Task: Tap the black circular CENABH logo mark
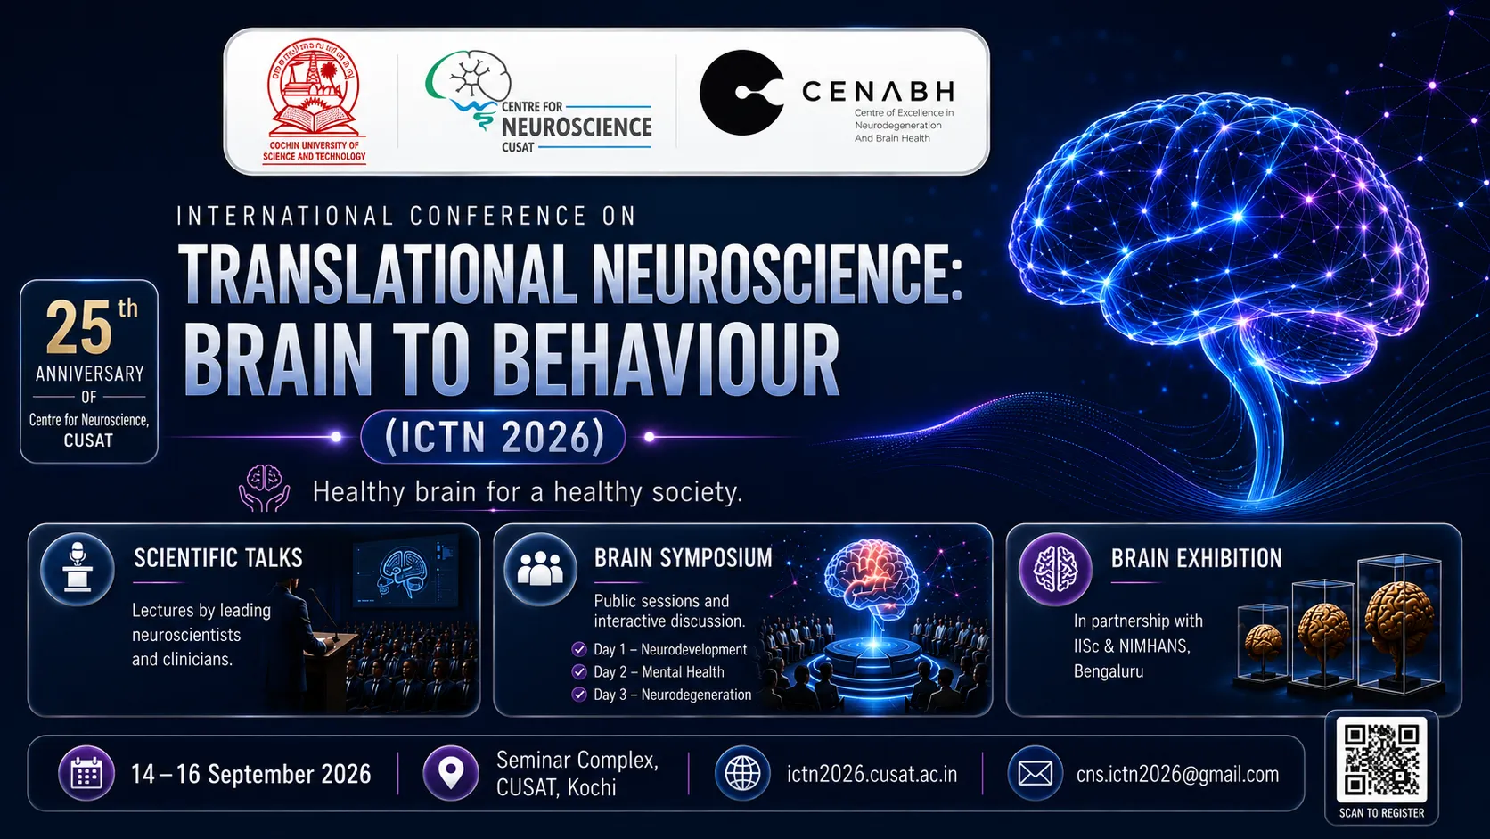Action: click(x=741, y=93)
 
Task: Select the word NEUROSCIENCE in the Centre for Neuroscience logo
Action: click(x=577, y=127)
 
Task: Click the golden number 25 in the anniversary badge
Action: click(x=79, y=328)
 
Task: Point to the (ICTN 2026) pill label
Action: click(x=493, y=437)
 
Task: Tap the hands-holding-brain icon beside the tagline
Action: click(x=264, y=489)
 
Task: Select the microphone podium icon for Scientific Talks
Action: click(x=78, y=570)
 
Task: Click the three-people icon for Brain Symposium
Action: click(x=540, y=570)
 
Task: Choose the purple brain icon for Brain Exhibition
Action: click(x=1056, y=570)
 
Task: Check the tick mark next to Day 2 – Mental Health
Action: click(x=578, y=672)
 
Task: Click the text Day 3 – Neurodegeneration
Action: click(x=673, y=695)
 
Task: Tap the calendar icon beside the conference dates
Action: click(x=86, y=774)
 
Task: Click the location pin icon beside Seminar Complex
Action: click(x=451, y=774)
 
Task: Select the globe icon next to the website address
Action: click(x=742, y=774)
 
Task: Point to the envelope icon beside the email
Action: click(x=1035, y=774)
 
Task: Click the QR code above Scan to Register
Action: click(x=1381, y=759)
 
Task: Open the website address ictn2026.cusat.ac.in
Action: click(x=872, y=775)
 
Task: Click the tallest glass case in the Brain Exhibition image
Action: click(x=1399, y=622)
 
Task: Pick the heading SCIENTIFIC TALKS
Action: click(x=218, y=558)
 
